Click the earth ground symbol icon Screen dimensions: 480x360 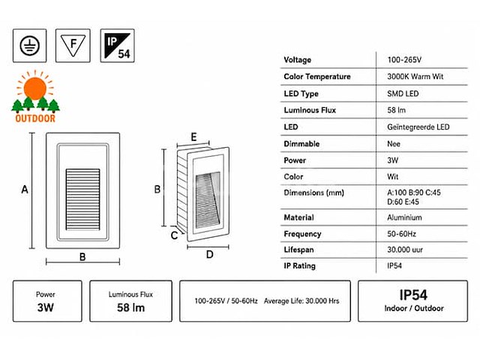(30, 46)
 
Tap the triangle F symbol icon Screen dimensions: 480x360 (73, 46)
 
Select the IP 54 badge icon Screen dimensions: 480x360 (117, 46)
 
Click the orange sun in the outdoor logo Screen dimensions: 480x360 (35, 88)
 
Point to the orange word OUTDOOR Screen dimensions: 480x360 (35, 118)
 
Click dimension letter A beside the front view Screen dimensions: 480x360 (25, 190)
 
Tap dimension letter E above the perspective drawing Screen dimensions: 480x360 (193, 136)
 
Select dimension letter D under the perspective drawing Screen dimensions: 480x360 (210, 254)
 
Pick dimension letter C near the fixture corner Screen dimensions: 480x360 (174, 235)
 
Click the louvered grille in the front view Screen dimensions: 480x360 (83, 199)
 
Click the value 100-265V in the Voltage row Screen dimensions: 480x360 (404, 60)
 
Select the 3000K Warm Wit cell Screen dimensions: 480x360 (415, 76)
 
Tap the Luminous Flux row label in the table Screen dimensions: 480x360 (310, 110)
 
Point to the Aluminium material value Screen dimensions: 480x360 (404, 217)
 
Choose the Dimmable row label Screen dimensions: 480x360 (301, 144)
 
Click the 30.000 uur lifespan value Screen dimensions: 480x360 (405, 250)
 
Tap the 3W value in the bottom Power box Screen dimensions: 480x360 (46, 307)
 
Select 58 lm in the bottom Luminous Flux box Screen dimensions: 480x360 (130, 307)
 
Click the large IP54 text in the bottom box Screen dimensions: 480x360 (413, 295)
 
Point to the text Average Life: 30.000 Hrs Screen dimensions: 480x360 (301, 301)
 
